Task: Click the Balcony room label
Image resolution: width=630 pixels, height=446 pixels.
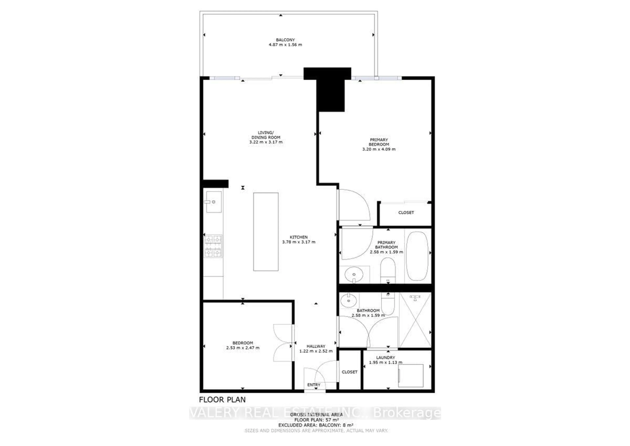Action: [x=285, y=40]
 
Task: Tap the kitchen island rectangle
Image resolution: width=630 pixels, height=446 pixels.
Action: [x=266, y=231]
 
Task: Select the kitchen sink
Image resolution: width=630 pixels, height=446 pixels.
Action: [x=214, y=202]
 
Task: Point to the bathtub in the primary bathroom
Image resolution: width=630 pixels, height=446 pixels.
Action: [x=417, y=256]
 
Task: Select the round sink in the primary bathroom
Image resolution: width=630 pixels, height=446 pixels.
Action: [x=354, y=274]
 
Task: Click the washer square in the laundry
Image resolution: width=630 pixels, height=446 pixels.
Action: [x=411, y=375]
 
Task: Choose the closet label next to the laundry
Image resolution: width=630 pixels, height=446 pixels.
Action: [x=349, y=372]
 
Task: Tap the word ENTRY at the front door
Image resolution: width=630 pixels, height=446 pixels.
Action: [x=314, y=385]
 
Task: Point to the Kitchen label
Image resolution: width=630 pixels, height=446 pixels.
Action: [x=299, y=237]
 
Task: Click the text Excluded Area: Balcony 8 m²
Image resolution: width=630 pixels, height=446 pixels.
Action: [x=316, y=425]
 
